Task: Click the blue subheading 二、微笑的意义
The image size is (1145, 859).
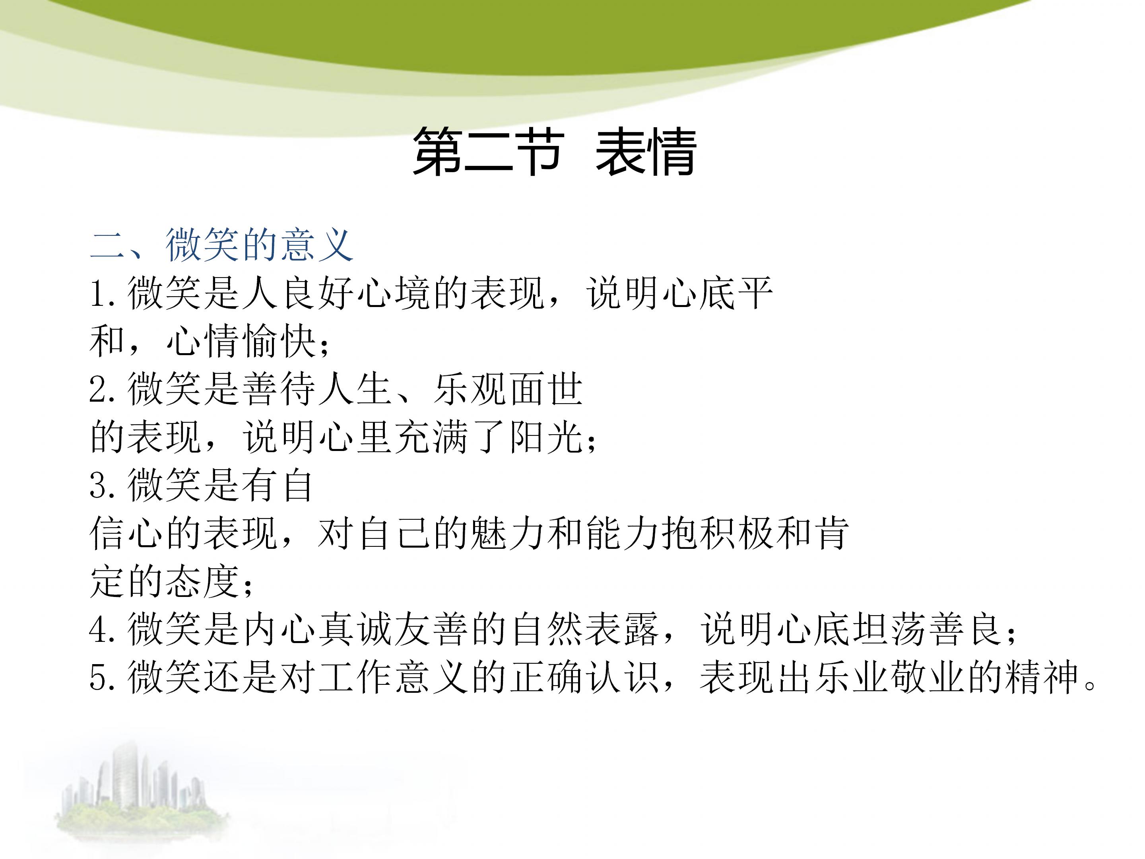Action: click(x=221, y=245)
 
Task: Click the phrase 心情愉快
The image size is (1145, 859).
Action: click(x=241, y=342)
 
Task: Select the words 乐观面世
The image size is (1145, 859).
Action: click(x=508, y=390)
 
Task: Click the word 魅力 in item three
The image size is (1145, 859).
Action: click(x=507, y=534)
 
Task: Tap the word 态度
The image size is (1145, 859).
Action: click(x=203, y=582)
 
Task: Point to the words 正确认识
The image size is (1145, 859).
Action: click(x=585, y=678)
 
